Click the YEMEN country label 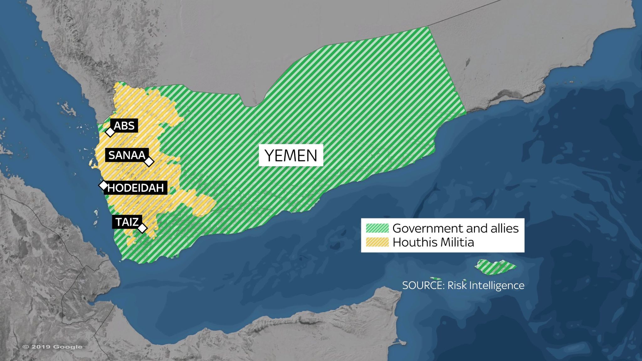[x=291, y=155]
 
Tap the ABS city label [x=124, y=126]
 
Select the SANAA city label [x=127, y=155]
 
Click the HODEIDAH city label [x=135, y=188]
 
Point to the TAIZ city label [x=127, y=222]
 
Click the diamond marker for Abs [x=110, y=132]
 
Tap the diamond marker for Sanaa [x=149, y=162]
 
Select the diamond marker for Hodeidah [x=103, y=185]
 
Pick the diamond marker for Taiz [x=142, y=228]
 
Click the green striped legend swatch [x=377, y=228]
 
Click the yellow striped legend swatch [x=377, y=242]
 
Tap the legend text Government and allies [x=455, y=228]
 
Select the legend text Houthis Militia [x=433, y=242]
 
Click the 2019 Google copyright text [x=52, y=347]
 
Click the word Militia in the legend [x=458, y=242]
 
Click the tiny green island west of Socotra [x=436, y=278]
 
